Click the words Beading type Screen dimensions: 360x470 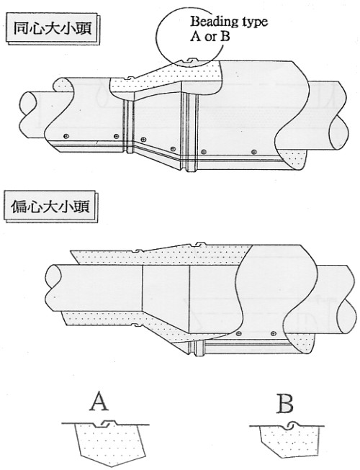[x=229, y=22]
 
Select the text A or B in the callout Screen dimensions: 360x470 [x=210, y=37]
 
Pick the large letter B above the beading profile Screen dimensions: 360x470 [x=285, y=404]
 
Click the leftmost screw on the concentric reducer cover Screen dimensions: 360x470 [x=66, y=136]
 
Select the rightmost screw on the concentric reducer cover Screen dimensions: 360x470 [x=254, y=152]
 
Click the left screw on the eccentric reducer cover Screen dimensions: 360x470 [x=238, y=334]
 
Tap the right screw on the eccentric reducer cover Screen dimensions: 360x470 [x=273, y=333]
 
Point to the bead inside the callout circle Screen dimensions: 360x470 [x=189, y=61]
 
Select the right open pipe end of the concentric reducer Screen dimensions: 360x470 [x=338, y=133]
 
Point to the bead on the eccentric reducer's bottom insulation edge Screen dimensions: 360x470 [x=138, y=325]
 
